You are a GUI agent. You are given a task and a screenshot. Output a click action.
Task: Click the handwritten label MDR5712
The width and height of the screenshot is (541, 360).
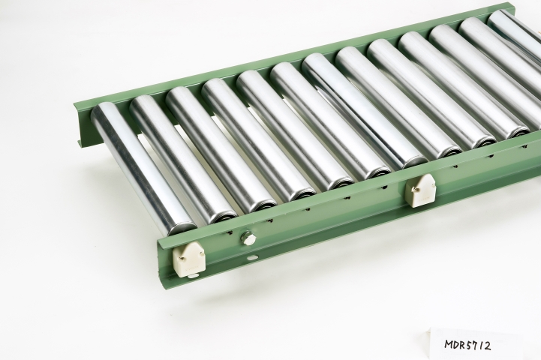pos(467,345)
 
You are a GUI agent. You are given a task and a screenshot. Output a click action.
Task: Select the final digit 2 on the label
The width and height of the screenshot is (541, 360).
pos(487,346)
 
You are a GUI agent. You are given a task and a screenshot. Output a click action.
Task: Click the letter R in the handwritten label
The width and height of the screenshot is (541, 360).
pos(464,344)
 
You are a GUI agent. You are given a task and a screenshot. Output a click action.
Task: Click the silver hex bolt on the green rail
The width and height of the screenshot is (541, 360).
pos(249,238)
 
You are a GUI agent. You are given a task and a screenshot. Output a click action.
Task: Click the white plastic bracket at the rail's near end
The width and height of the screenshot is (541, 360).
pos(189,259)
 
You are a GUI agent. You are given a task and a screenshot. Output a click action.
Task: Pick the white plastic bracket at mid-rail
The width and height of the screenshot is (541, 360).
pos(420,190)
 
